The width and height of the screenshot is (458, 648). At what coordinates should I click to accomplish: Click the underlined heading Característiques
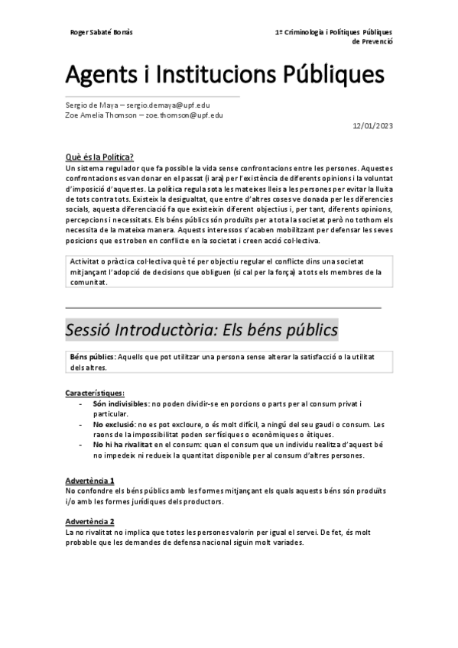pos(96,393)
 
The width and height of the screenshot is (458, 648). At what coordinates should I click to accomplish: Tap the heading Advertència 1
pos(90,480)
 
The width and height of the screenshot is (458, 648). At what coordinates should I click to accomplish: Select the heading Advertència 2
pos(90,520)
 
